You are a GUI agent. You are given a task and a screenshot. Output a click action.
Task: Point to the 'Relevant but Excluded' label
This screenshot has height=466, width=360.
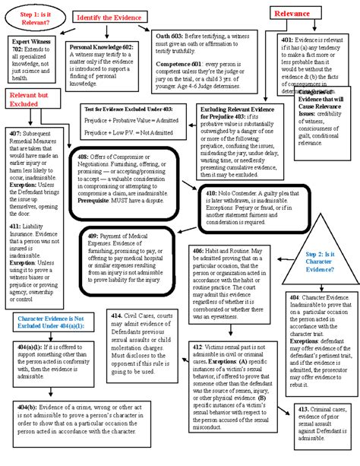pos(31,98)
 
